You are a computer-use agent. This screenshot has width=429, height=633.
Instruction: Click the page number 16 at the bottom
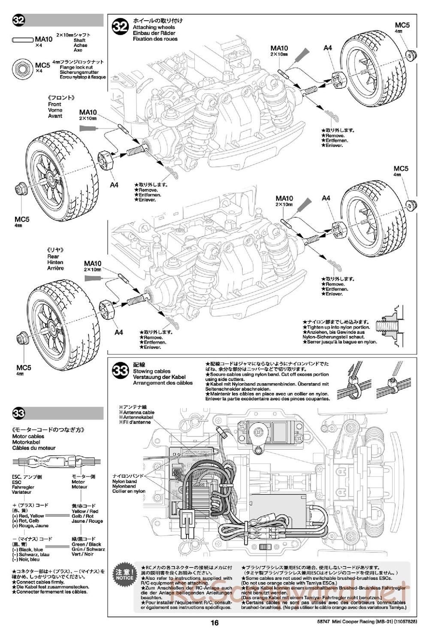click(x=215, y=624)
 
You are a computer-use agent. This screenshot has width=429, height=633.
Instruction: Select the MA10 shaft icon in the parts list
click(x=23, y=39)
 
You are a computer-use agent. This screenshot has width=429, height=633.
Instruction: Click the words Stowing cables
click(x=151, y=371)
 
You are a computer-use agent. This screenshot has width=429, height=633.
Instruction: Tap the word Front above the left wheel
click(x=54, y=104)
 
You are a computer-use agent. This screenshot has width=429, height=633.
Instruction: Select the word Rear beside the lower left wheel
click(x=53, y=256)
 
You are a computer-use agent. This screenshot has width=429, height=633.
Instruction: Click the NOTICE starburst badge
click(x=124, y=574)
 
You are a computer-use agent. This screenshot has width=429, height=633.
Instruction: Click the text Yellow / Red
click(x=85, y=511)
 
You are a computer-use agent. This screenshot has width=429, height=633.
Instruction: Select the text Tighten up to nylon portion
click(x=336, y=327)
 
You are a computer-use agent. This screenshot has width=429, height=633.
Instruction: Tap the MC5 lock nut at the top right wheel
click(x=411, y=54)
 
